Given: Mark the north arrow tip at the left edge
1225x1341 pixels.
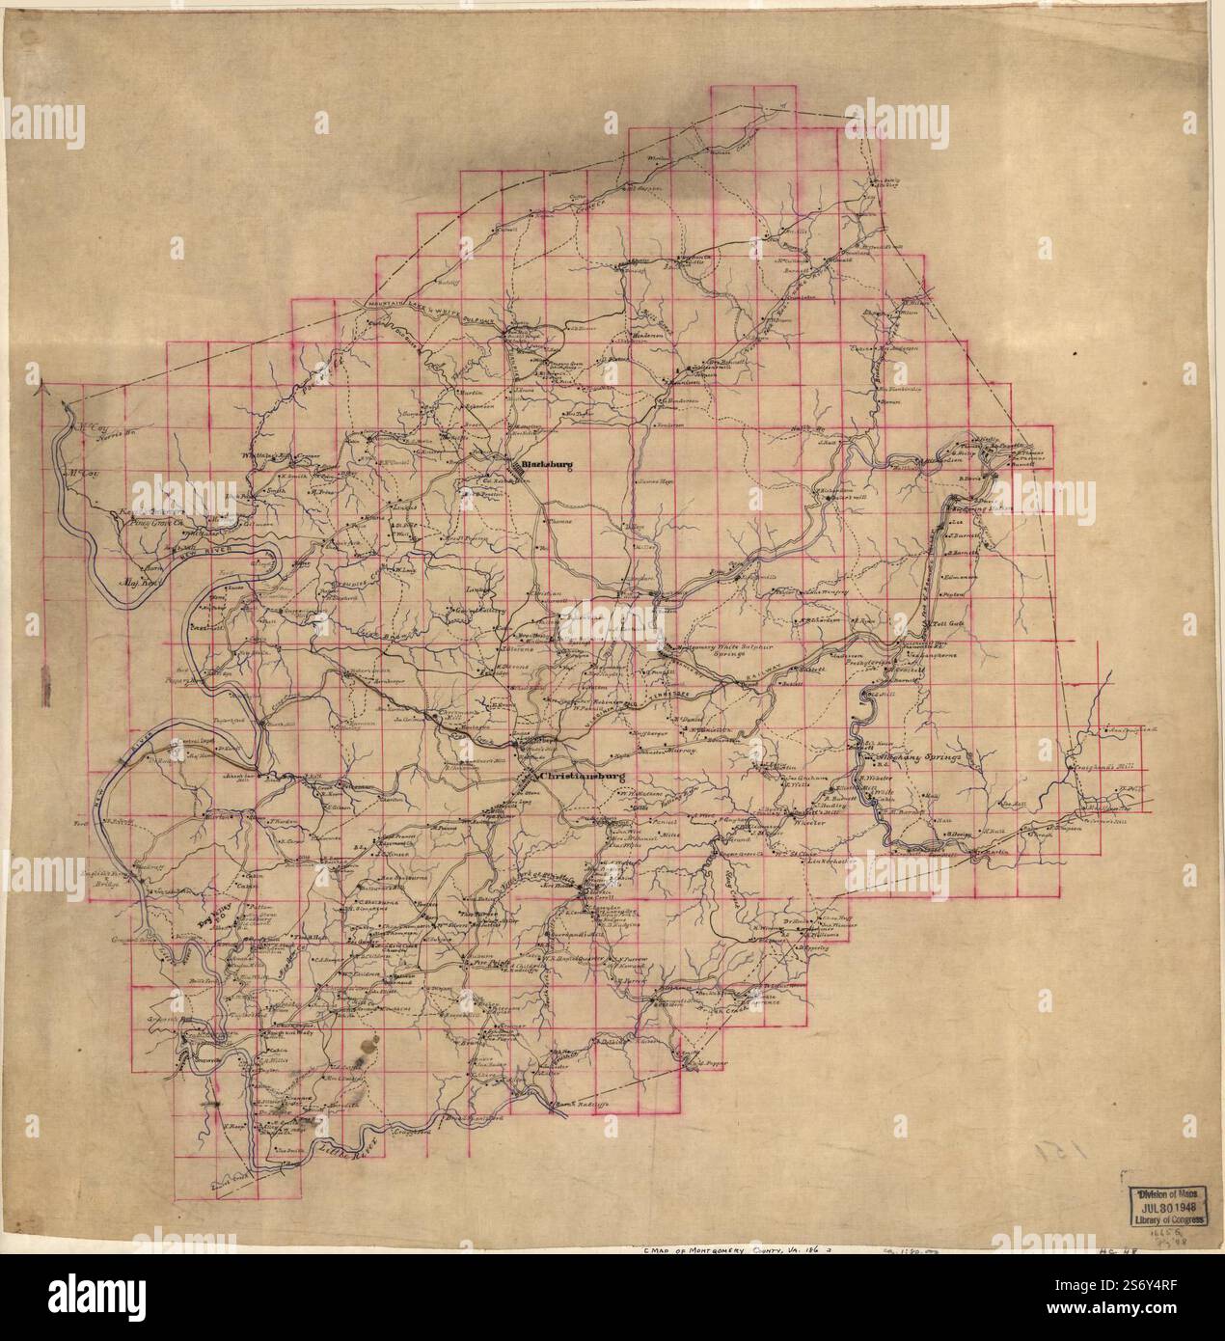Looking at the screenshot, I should (40, 388).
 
